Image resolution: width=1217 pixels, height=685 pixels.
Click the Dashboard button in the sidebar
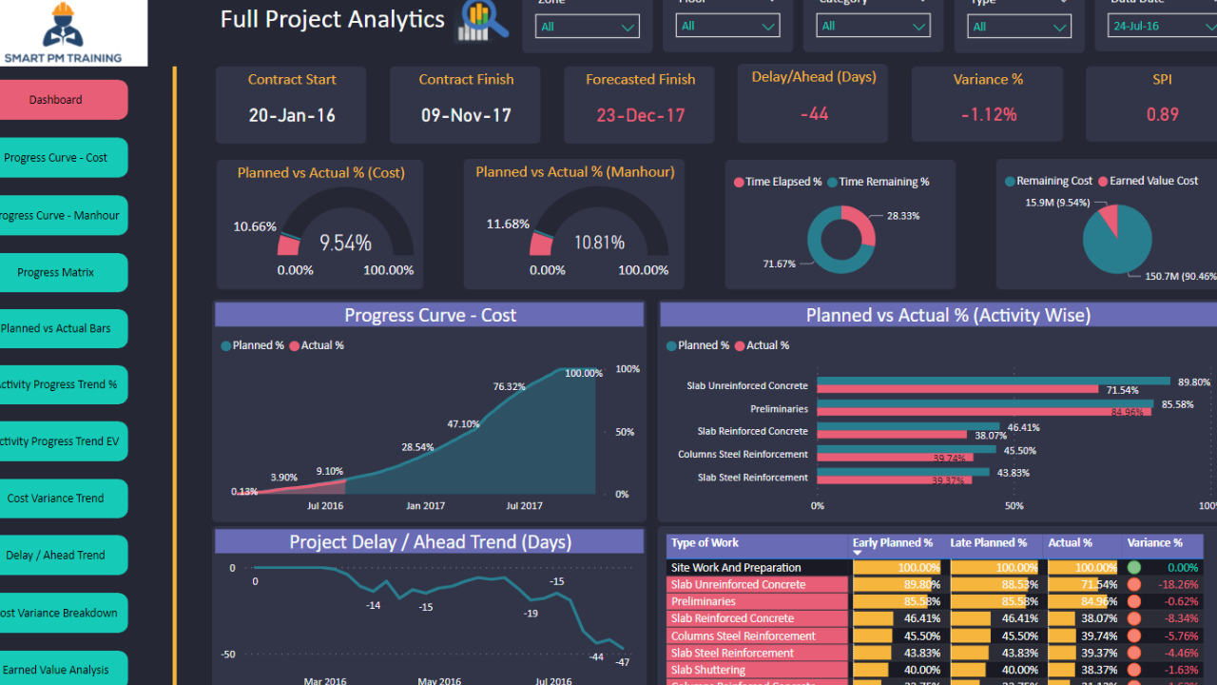tap(57, 100)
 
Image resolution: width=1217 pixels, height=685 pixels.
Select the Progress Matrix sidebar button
tap(57, 272)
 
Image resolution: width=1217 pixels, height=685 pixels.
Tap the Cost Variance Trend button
tap(57, 498)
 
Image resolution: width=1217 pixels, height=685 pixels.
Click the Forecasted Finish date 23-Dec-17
tap(641, 115)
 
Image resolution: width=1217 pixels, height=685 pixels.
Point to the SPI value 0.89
tap(1162, 114)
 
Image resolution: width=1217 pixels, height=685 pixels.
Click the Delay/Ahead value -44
tap(814, 114)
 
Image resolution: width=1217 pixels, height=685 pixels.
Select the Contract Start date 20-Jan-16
tap(292, 115)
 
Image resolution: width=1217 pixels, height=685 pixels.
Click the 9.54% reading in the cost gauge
tap(345, 243)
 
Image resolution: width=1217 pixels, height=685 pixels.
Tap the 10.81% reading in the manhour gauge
tap(599, 243)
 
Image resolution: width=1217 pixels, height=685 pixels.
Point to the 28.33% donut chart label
tap(903, 216)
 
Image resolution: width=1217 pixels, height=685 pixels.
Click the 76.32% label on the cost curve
tap(510, 386)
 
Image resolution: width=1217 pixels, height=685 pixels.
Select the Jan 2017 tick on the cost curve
tap(424, 506)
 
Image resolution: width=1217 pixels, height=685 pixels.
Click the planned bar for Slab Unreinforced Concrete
tap(994, 381)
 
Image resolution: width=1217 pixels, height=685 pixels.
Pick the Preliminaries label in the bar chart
tap(779, 409)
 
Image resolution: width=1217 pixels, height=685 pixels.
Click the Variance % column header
tap(1154, 543)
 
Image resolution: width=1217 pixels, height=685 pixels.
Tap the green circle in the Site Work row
tap(1133, 568)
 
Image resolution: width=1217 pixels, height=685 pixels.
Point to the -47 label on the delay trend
tap(622, 662)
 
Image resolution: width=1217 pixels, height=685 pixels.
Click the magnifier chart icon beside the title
tap(483, 21)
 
